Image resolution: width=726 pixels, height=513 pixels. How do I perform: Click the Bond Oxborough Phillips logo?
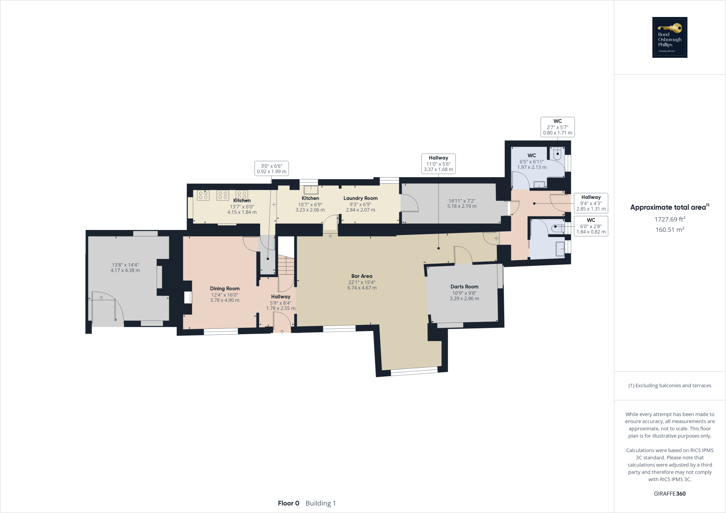(670, 37)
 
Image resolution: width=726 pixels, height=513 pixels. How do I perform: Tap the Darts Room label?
(464, 287)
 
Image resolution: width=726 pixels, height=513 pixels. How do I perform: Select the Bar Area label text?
(362, 276)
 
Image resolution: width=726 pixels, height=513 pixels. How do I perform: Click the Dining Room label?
(225, 288)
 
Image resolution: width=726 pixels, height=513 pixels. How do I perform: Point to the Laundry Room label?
(360, 198)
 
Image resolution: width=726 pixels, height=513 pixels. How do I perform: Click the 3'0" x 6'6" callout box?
(272, 168)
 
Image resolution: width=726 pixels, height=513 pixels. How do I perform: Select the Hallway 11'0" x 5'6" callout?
(438, 163)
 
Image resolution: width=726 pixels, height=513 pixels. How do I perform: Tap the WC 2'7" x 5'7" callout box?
(557, 127)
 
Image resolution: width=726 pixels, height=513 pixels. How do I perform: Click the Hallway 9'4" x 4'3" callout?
(591, 203)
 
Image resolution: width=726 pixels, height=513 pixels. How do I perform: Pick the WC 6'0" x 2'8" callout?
(591, 226)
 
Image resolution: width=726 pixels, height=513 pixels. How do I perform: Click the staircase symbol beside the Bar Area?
(286, 265)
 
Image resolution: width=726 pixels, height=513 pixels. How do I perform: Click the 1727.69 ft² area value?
(670, 219)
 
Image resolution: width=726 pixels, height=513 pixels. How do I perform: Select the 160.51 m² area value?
(670, 230)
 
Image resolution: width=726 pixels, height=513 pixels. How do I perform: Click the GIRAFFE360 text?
(670, 494)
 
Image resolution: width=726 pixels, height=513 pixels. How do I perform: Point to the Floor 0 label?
(289, 503)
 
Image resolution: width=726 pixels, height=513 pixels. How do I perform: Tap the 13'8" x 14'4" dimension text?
(125, 267)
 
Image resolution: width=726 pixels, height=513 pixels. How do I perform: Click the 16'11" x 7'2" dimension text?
(462, 203)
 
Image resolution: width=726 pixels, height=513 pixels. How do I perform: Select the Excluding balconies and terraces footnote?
(670, 385)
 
